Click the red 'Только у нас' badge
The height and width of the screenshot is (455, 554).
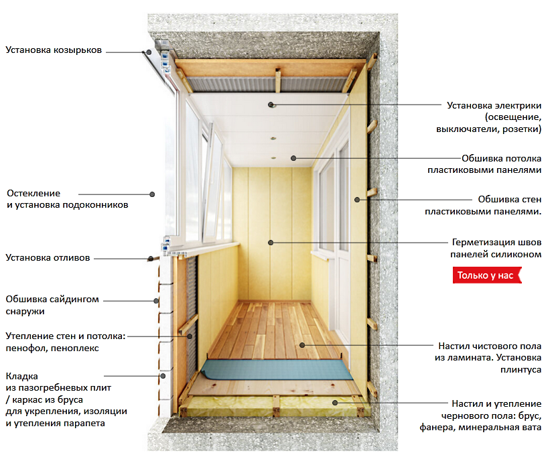(487, 275)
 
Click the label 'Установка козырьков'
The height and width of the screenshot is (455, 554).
(54, 50)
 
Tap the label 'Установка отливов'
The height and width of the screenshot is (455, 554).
(48, 258)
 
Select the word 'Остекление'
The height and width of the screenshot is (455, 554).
(33, 194)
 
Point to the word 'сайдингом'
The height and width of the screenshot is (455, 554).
(74, 300)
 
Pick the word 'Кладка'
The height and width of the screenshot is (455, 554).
(21, 376)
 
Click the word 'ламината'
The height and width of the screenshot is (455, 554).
(469, 358)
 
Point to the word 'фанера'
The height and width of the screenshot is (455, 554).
(435, 428)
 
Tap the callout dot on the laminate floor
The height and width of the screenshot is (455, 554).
(302, 345)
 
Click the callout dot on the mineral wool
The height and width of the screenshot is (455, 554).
(335, 403)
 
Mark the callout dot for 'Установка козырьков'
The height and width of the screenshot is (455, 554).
(149, 52)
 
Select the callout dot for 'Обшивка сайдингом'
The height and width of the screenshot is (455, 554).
(156, 301)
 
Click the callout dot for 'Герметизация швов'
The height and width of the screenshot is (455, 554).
(271, 243)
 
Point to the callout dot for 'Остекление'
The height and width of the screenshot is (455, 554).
(152, 194)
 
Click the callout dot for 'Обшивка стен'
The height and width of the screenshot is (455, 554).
(357, 200)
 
